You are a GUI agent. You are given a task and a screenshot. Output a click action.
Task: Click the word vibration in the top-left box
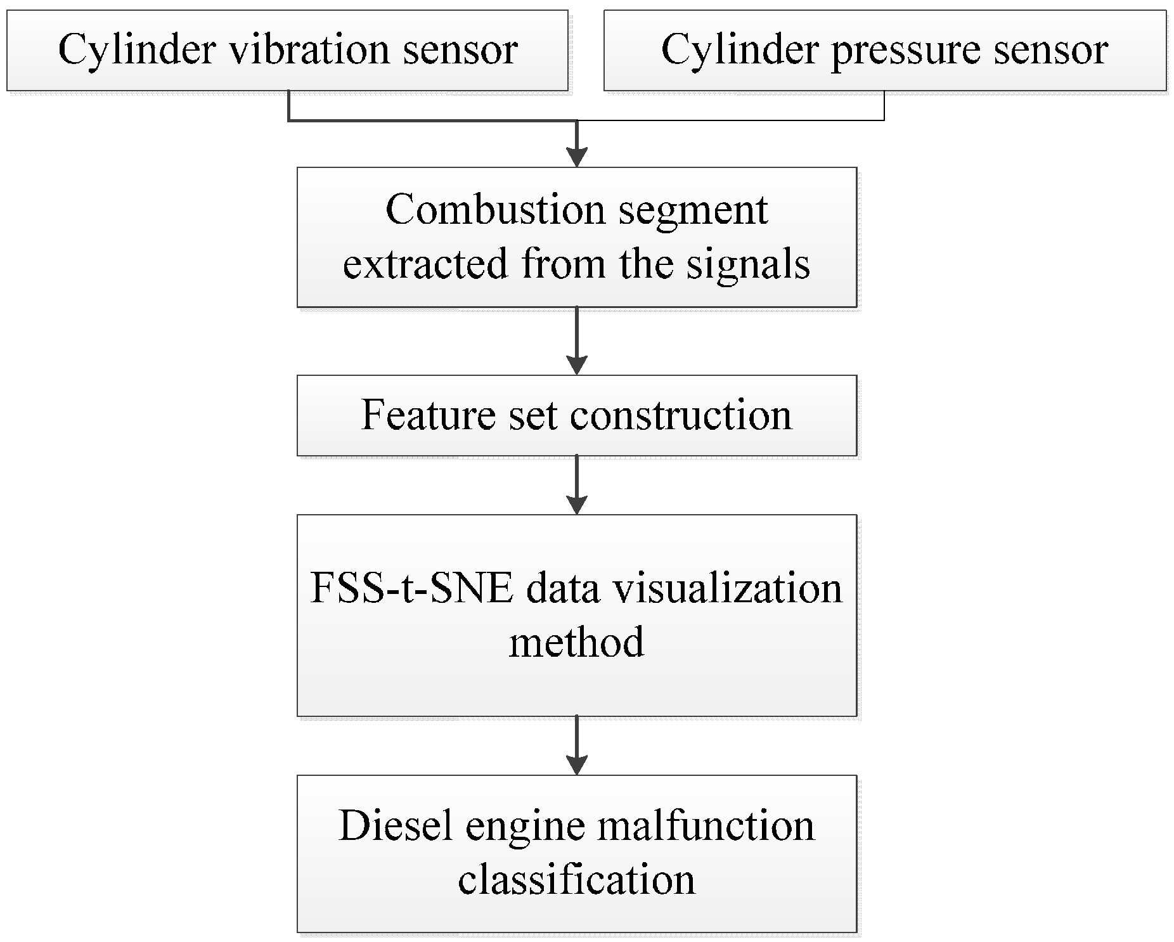(309, 49)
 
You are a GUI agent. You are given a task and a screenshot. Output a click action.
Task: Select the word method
(576, 642)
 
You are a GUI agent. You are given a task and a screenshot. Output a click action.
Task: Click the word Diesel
(387, 825)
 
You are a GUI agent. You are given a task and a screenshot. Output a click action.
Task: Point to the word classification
(576, 880)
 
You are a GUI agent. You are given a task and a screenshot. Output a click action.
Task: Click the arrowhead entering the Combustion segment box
(577, 155)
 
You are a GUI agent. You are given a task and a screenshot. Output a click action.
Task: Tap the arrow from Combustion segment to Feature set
(577, 342)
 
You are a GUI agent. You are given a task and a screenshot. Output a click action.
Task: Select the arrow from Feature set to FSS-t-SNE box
(577, 485)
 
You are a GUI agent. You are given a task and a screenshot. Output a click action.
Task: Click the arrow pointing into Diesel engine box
(577, 747)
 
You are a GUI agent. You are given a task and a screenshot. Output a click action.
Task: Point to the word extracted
(425, 264)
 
